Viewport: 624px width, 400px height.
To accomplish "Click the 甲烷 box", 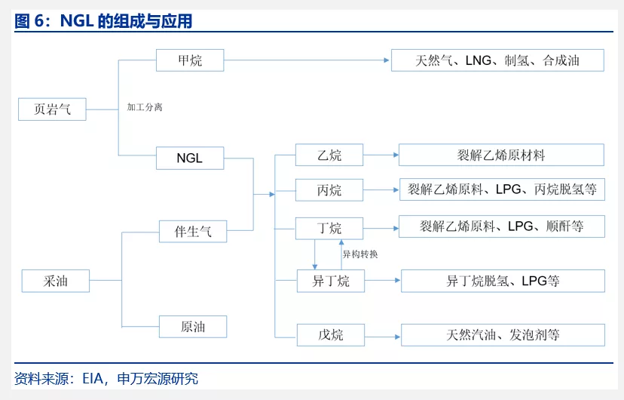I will [190, 60].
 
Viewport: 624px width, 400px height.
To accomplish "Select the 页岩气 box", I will [52, 109].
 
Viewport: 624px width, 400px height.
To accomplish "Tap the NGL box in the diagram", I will [190, 158].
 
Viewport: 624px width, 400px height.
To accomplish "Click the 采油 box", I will [56, 281].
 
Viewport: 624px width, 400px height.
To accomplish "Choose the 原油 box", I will [193, 327].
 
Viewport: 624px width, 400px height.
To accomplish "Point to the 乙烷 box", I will [329, 155].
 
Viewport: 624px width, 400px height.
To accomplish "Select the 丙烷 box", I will [329, 190].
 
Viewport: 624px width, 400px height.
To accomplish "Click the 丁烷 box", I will [329, 228].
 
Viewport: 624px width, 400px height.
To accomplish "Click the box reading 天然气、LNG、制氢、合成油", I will [497, 60].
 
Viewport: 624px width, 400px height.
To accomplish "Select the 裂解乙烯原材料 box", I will [501, 155].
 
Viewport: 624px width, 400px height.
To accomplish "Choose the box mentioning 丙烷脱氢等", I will [502, 189].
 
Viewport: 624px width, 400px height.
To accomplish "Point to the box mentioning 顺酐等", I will [502, 226].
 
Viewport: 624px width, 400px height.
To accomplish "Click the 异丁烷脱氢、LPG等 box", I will [503, 282].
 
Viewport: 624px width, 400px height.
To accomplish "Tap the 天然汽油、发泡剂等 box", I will [503, 334].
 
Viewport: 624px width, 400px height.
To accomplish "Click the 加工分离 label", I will [145, 107].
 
